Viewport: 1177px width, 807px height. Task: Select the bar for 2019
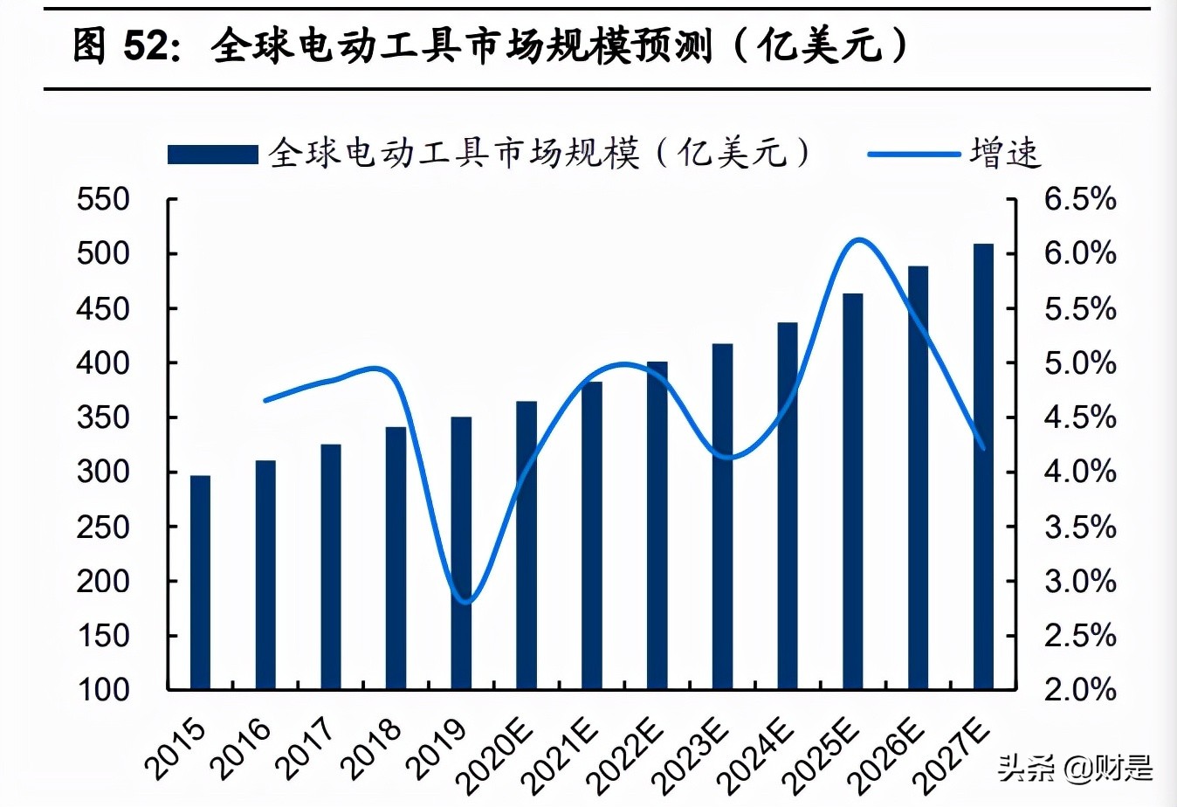pyautogui.click(x=461, y=553)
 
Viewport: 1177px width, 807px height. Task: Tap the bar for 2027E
pyautogui.click(x=983, y=466)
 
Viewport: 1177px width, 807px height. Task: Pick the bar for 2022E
pyautogui.click(x=657, y=525)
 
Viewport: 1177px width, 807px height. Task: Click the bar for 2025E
pyautogui.click(x=852, y=492)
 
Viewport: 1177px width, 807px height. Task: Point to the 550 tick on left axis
pyautogui.click(x=103, y=199)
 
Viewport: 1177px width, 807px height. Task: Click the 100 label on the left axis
pyautogui.click(x=103, y=689)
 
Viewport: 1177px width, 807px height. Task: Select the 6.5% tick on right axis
pyautogui.click(x=1080, y=199)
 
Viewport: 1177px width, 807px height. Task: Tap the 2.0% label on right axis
pyautogui.click(x=1080, y=689)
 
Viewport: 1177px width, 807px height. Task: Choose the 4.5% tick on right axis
pyautogui.click(x=1080, y=417)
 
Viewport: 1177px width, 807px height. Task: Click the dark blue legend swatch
pyautogui.click(x=212, y=155)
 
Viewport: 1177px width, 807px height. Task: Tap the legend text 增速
pyautogui.click(x=1005, y=153)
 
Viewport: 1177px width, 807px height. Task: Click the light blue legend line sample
pyautogui.click(x=913, y=155)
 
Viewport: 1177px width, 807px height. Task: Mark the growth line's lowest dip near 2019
pyautogui.click(x=465, y=602)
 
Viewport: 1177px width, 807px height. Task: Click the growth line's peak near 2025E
pyautogui.click(x=859, y=239)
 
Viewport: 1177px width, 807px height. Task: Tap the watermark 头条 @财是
pyautogui.click(x=1075, y=769)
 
